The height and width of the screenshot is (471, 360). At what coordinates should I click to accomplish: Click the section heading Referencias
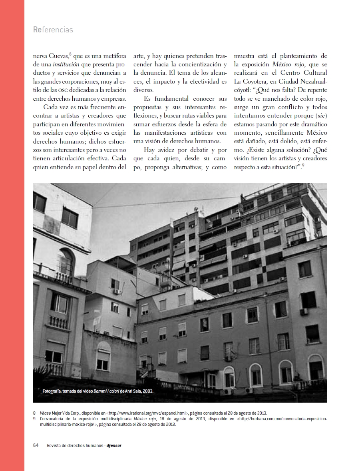pos(53,30)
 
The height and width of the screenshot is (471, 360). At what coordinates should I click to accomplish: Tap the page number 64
pos(36,445)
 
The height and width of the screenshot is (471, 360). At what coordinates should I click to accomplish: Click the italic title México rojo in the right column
pos(288,64)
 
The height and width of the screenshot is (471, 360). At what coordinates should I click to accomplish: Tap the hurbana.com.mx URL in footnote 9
pos(282,419)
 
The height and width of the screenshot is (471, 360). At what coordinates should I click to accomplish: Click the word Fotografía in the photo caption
pos(54,391)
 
